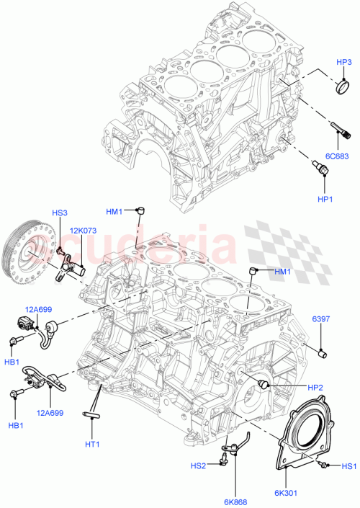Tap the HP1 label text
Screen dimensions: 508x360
[325, 198]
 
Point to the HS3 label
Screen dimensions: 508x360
[59, 213]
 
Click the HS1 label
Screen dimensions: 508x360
[349, 465]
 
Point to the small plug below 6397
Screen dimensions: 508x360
[323, 353]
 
